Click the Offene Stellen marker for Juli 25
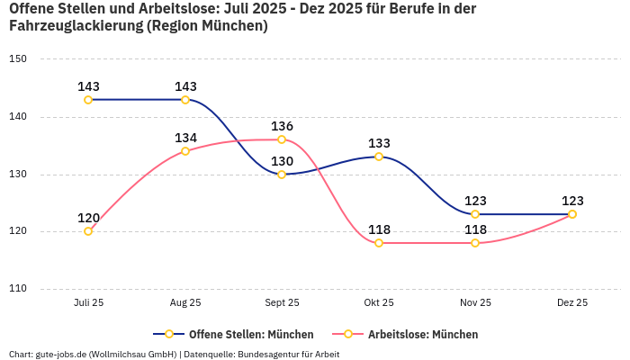88,100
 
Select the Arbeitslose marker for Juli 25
88,231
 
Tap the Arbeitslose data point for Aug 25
185,151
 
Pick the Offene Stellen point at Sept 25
282,175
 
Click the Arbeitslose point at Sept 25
282,139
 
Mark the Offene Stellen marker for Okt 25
379,157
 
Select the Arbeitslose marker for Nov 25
475,243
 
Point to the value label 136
282,126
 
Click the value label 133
379,143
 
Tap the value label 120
88,218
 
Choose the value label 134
185,138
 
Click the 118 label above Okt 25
379,229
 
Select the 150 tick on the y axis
19,59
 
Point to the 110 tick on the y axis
19,289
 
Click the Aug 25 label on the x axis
185,303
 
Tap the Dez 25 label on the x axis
572,303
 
